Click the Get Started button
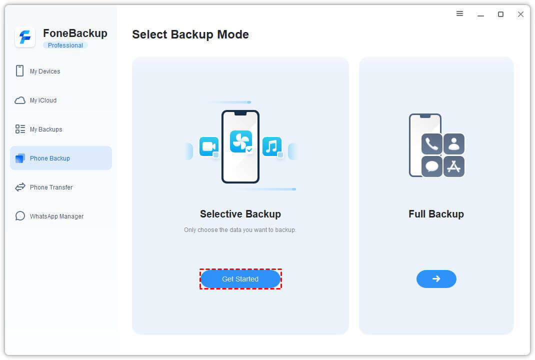coord(240,279)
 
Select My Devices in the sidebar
coord(45,71)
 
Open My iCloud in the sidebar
coord(43,100)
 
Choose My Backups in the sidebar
coord(46,129)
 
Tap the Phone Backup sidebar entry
coord(50,158)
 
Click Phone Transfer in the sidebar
coord(51,187)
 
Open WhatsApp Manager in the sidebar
coord(56,216)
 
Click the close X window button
coord(520,14)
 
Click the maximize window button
coord(500,14)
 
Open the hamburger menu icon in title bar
coord(460,14)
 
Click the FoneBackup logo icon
coord(25,37)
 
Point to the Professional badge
coord(65,45)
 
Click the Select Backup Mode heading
coord(190,34)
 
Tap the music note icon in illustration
coord(271,146)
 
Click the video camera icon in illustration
coord(208,146)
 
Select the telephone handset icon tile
coord(432,143)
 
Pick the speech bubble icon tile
coord(432,166)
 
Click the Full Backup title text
coord(436,214)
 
